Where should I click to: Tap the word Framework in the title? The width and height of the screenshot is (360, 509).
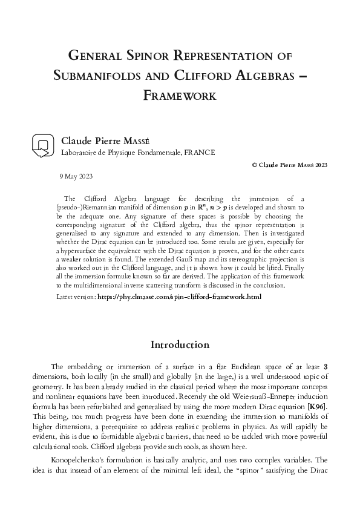180,95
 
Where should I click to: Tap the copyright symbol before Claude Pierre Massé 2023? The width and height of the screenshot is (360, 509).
254,165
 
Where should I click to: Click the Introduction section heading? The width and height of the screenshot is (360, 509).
180,345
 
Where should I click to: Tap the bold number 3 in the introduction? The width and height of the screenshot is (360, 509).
326,367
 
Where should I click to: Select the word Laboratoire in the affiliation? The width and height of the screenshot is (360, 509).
82,152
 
